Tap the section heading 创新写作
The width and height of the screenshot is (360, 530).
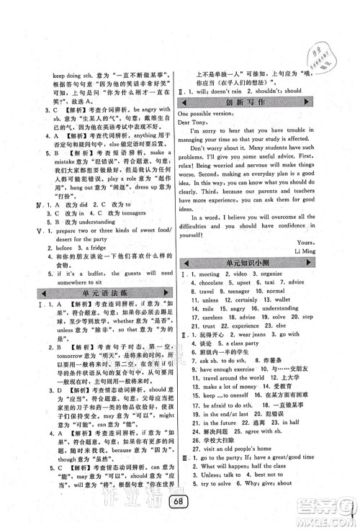pyautogui.click(x=249, y=103)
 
